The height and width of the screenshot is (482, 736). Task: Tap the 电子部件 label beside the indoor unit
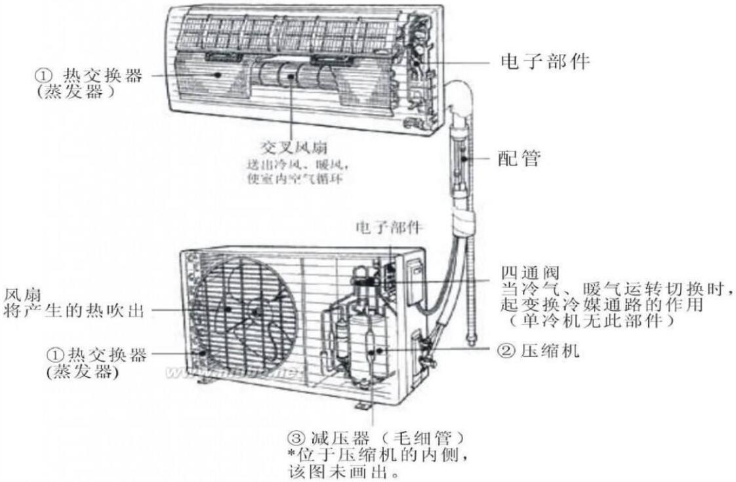coord(545,62)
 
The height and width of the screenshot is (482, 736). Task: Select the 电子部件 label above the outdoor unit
coord(389,227)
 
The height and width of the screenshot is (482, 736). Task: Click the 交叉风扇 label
coord(291,146)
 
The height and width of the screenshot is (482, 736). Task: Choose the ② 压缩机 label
coord(539,351)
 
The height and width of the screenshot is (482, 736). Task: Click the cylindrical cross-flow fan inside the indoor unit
coord(289,75)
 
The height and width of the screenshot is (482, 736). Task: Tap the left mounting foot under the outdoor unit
coord(205,378)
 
